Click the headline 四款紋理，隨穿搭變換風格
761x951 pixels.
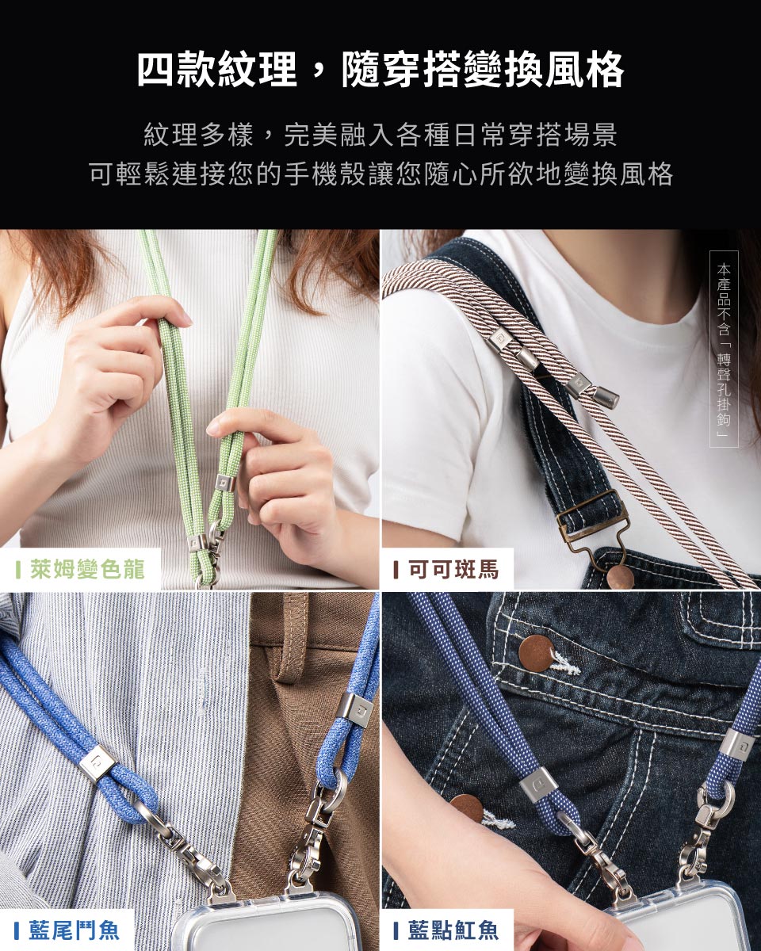[380, 70]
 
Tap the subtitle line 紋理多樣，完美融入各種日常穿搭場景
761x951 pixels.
[380, 135]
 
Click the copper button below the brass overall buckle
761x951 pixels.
[621, 577]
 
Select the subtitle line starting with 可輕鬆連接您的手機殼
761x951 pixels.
[380, 174]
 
